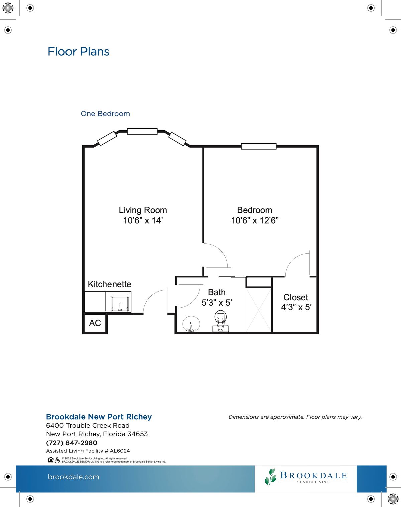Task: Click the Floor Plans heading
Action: pos(78,52)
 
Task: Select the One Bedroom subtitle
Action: pos(105,114)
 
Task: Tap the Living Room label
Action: pos(143,210)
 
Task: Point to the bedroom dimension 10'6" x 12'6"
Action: pos(255,220)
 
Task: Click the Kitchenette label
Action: pos(110,284)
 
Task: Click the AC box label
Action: pos(95,323)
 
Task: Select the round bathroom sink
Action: pos(191,324)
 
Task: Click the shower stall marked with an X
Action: pos(259,310)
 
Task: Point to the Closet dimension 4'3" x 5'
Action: pos(296,307)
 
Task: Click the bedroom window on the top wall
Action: pos(259,146)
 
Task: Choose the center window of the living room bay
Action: pos(142,131)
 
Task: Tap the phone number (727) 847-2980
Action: pos(72,443)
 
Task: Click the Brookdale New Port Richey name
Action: pos(99,417)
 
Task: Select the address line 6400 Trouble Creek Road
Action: pos(88,425)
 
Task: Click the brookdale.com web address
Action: pos(74,477)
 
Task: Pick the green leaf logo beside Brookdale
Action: pos(271,477)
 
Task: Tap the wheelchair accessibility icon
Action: pos(58,460)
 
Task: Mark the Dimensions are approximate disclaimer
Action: pos(295,417)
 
